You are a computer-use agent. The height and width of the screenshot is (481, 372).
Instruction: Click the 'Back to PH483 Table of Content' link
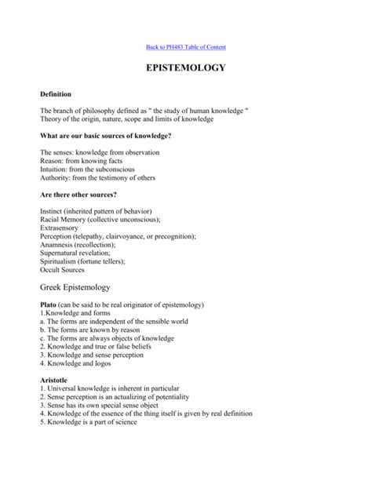pos(185,47)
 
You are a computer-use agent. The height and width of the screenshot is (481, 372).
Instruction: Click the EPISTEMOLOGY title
pos(185,67)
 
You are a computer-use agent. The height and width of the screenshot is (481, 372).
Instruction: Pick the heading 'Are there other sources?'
pos(78,195)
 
